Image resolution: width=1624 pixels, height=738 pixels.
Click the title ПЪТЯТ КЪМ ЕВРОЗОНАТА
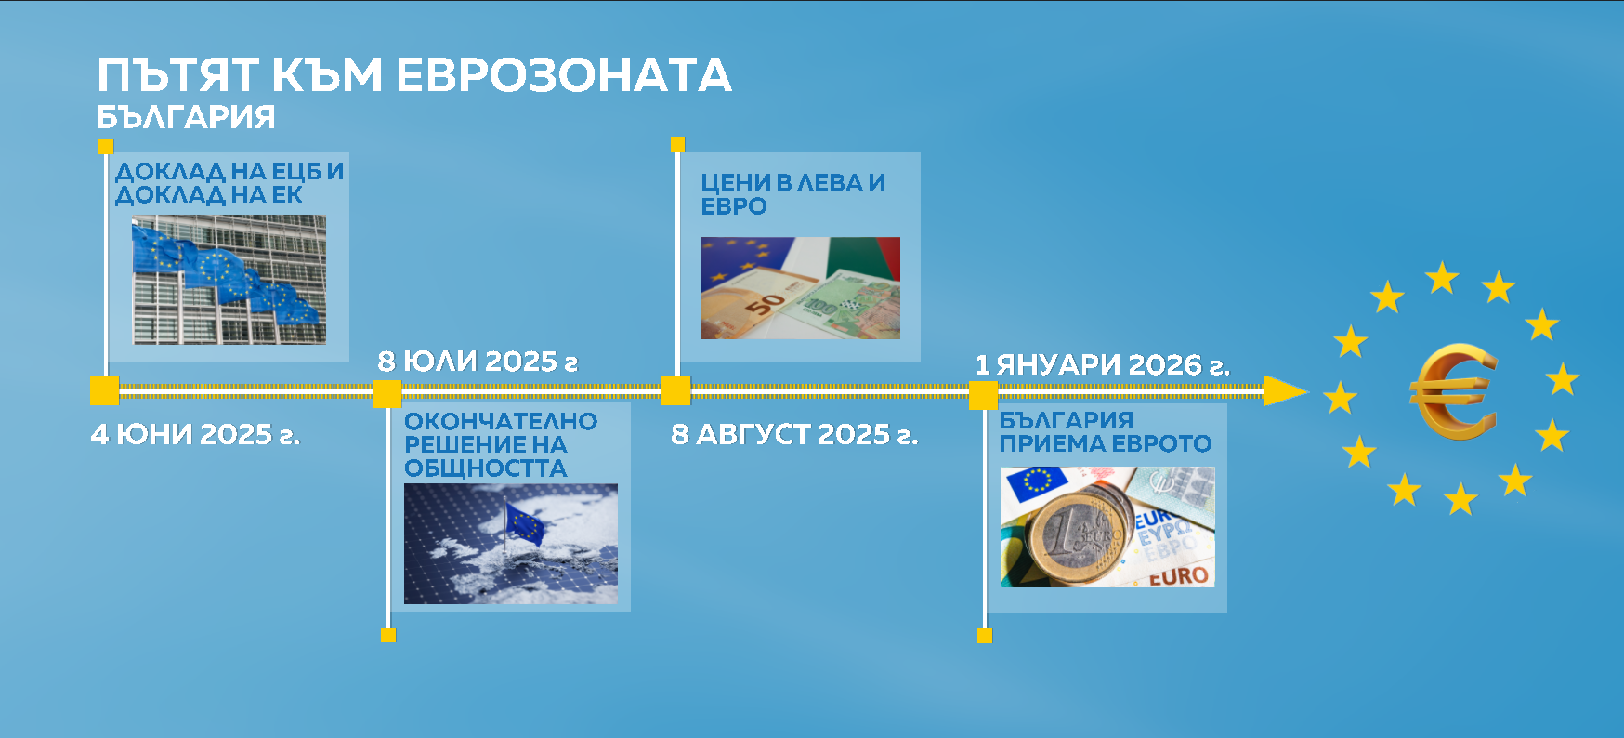(414, 75)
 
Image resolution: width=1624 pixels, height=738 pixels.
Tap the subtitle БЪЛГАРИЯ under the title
(186, 117)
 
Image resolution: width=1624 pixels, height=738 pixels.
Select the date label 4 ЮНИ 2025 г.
(195, 434)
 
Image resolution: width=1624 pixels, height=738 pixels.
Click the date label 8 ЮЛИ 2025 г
(478, 362)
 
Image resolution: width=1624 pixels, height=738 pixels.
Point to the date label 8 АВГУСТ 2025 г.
(794, 434)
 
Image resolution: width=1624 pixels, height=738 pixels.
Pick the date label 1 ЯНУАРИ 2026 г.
(1103, 365)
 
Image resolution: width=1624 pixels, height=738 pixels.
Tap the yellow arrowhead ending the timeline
(1287, 391)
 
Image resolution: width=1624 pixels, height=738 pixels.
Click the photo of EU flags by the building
(229, 280)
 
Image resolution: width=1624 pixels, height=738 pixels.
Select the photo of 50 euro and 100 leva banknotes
(800, 288)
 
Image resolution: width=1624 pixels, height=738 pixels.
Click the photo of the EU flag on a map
(511, 544)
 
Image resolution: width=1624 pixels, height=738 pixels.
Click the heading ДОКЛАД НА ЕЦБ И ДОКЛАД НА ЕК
(229, 183)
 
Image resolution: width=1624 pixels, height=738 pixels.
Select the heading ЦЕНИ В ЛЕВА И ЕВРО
(792, 194)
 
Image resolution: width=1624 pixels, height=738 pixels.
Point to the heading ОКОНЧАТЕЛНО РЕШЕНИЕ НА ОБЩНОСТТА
(501, 445)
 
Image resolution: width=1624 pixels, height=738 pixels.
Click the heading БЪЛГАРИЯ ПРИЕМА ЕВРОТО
(1106, 432)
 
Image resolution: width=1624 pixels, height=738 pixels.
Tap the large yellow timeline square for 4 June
(105, 391)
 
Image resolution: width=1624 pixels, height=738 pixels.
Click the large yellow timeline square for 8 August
(676, 391)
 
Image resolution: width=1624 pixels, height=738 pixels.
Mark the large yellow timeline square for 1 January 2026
(984, 395)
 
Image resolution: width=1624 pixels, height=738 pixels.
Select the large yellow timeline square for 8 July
(386, 394)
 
